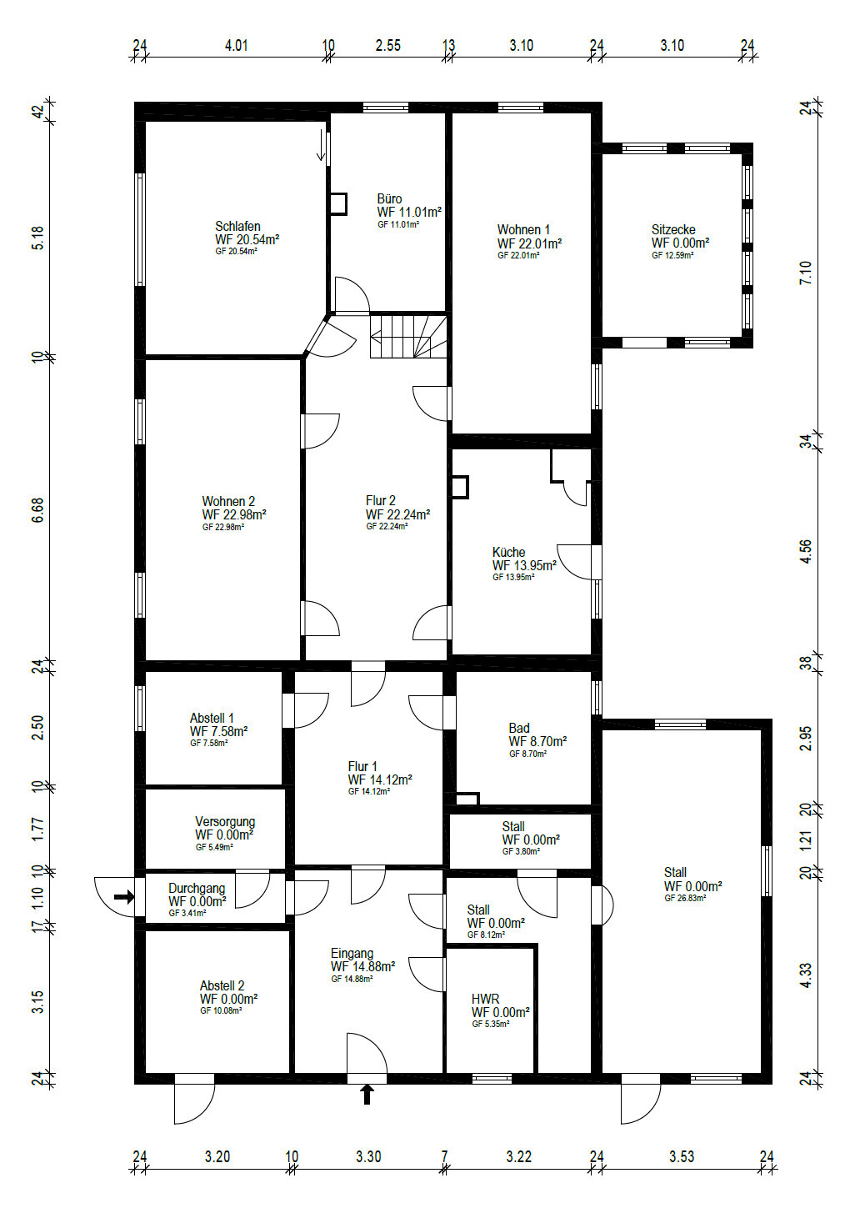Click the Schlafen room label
(237, 227)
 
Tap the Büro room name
(389, 199)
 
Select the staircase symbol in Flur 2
(408, 337)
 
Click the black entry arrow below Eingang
(367, 1095)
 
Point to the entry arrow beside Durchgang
(124, 897)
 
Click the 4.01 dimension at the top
(236, 45)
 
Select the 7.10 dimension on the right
(806, 273)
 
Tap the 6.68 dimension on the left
(37, 509)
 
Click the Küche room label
(508, 552)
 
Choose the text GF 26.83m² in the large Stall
(684, 898)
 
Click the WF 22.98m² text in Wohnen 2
(234, 514)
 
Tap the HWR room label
(486, 999)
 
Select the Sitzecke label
(673, 230)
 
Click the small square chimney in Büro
(337, 204)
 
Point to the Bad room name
(519, 728)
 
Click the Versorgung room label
(225, 822)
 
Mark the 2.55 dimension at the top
(388, 45)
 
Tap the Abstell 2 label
(222, 985)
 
